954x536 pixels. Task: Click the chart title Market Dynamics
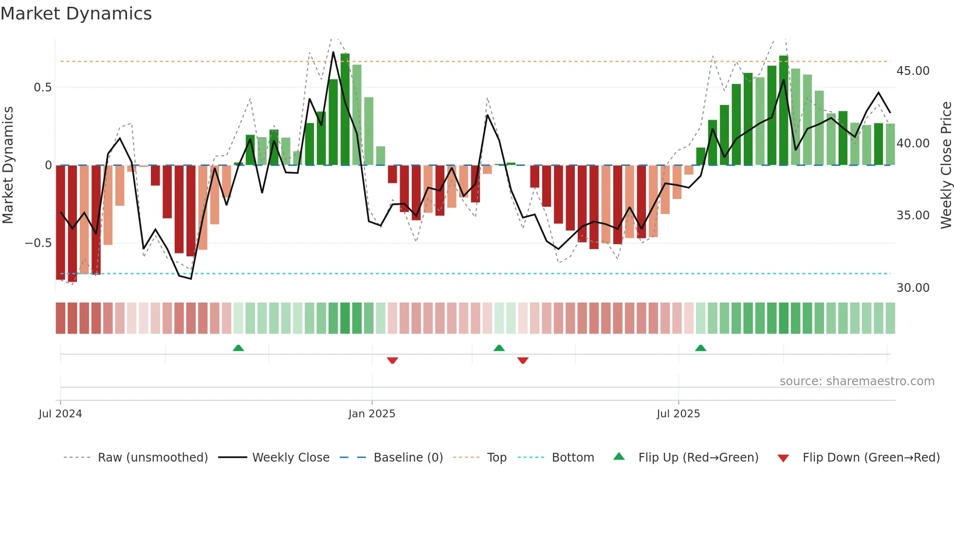[x=76, y=14]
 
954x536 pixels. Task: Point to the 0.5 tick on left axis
[x=43, y=88]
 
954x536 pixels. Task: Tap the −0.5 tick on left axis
[x=38, y=243]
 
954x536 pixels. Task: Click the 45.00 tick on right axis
[x=913, y=71]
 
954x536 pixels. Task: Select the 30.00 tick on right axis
[x=913, y=288]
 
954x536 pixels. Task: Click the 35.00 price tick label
[x=913, y=215]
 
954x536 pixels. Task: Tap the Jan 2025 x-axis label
[x=372, y=414]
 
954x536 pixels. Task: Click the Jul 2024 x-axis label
[x=60, y=414]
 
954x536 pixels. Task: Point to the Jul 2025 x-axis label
[x=678, y=414]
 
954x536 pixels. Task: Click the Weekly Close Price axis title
[x=946, y=165]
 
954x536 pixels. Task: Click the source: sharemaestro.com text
[x=857, y=381]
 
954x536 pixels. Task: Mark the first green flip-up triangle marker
[x=238, y=348]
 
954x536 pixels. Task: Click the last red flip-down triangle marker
[x=523, y=360]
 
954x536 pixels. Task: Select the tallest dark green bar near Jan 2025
[x=345, y=109]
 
